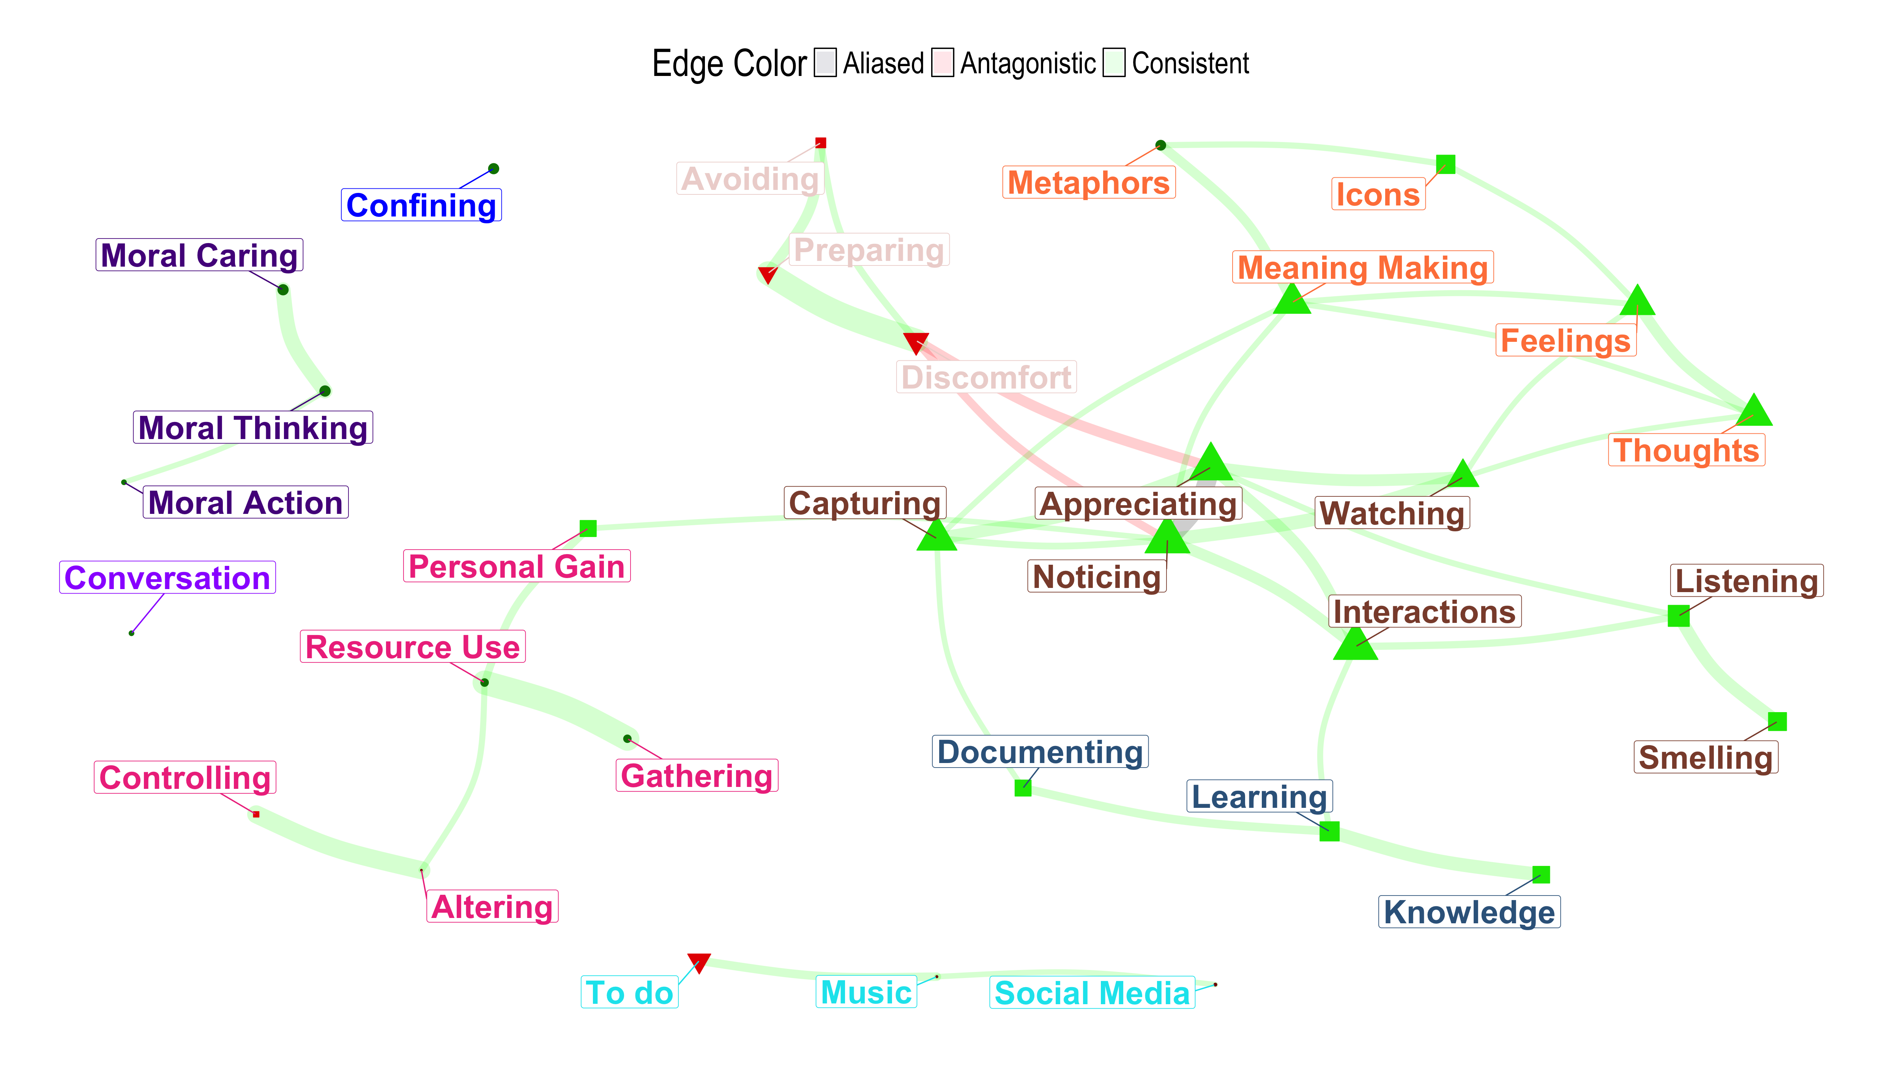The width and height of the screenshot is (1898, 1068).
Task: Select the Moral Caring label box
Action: (199, 255)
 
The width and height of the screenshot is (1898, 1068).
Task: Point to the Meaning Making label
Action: (1362, 267)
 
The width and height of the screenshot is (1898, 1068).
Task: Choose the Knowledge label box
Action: (1469, 912)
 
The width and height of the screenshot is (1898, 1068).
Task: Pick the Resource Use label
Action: (413, 646)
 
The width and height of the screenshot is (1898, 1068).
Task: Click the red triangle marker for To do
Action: (698, 962)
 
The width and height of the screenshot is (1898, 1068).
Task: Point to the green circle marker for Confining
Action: (493, 169)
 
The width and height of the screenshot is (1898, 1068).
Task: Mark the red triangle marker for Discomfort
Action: (916, 342)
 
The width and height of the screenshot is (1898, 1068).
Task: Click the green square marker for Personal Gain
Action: (588, 528)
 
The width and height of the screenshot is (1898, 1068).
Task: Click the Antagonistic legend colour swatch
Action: (943, 63)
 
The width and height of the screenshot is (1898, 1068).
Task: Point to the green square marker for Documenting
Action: (1023, 788)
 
